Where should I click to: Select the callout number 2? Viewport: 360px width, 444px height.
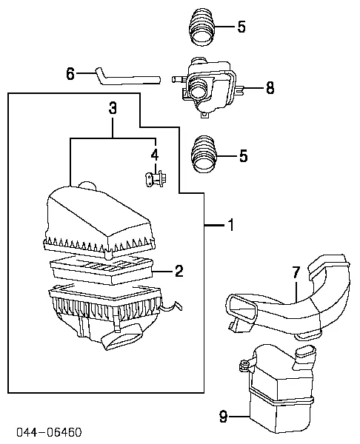[179, 271]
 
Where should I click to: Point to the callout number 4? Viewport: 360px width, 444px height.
[155, 154]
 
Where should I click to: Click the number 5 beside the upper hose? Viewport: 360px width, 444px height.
[241, 28]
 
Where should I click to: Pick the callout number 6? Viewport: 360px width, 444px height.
[70, 73]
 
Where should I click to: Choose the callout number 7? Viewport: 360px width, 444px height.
[296, 273]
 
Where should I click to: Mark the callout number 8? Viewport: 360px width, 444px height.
[270, 89]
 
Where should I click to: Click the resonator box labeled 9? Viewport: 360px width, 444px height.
[278, 392]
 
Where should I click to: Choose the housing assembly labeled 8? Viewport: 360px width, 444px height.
[210, 87]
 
